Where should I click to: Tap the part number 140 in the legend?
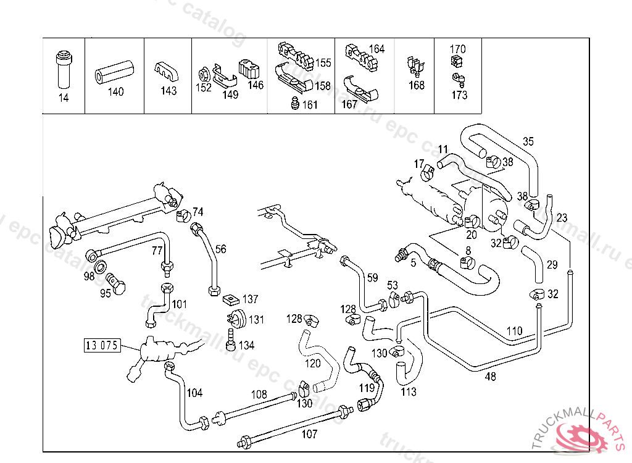tap(115, 92)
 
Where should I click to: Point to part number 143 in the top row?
tap(168, 91)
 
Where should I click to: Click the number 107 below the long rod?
tap(309, 434)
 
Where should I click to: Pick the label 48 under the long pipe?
tap(491, 377)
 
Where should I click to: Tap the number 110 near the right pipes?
tap(514, 332)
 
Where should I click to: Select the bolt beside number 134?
tap(231, 338)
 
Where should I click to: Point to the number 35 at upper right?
tap(528, 141)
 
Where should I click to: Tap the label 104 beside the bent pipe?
tap(194, 393)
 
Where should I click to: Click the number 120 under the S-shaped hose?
tap(313, 364)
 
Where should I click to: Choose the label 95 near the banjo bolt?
tap(106, 293)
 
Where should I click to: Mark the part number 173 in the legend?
tap(459, 95)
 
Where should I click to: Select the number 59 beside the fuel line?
tap(372, 278)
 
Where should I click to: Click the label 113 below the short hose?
tap(408, 391)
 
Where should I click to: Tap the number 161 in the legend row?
tap(310, 105)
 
